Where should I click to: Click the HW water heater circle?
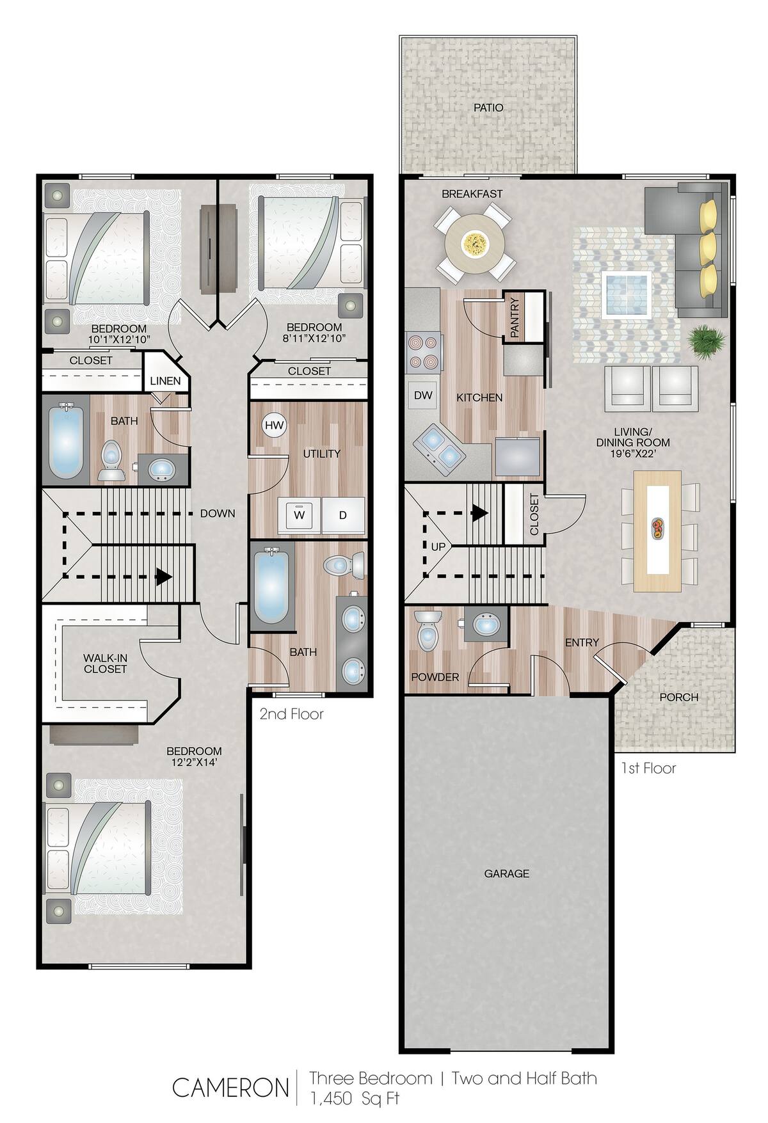coord(274,425)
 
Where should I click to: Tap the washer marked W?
coord(299,514)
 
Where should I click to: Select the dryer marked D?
coord(342,514)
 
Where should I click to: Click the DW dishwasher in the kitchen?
coord(423,395)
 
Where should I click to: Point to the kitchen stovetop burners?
coord(424,353)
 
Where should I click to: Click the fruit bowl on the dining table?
coord(657,527)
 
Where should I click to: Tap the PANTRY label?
coord(515,317)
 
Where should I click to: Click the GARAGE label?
coord(506,873)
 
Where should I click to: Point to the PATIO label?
coord(488,108)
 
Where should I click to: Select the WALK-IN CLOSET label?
coord(105,663)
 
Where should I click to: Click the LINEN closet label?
coord(165,381)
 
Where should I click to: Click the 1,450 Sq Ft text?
coord(355,1098)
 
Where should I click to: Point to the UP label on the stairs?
coord(438,547)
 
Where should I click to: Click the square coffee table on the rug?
coord(627,294)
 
